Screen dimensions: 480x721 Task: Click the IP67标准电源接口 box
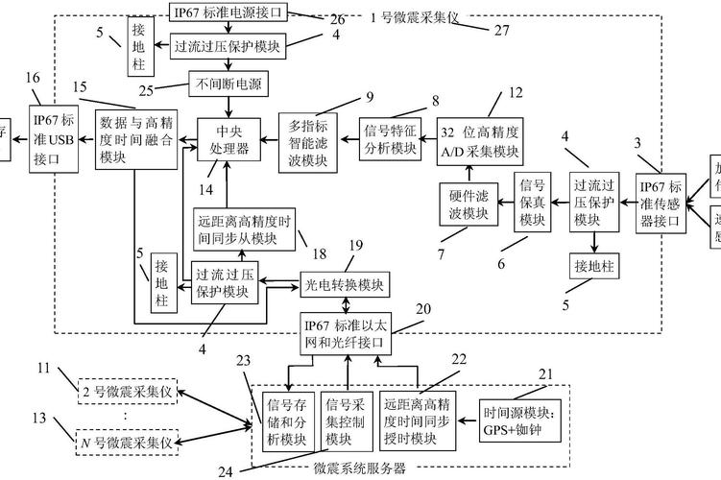pos(228,12)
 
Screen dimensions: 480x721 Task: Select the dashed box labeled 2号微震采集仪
pos(128,393)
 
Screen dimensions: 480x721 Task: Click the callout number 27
pos(500,31)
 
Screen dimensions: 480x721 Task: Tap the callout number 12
pos(516,93)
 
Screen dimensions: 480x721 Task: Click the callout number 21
pos(545,373)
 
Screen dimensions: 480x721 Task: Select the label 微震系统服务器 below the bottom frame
pos(359,469)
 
